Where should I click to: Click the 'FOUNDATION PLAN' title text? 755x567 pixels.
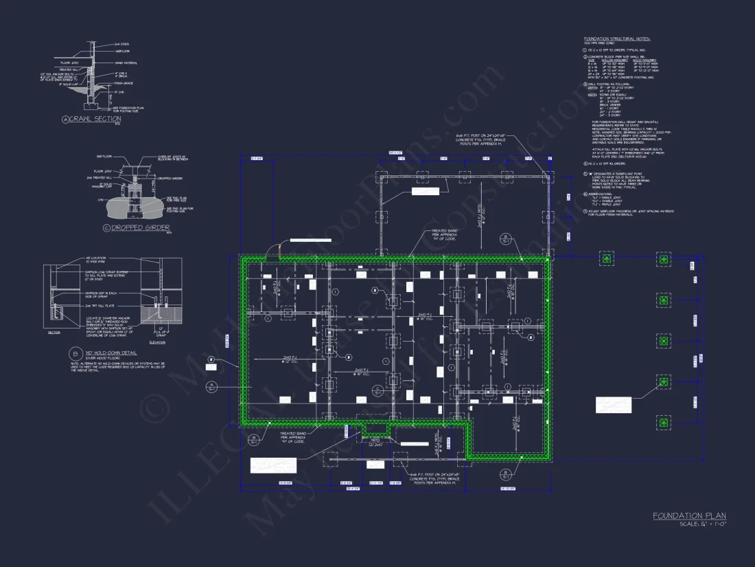pos(689,515)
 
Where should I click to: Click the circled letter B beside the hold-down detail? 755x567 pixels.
pos(74,354)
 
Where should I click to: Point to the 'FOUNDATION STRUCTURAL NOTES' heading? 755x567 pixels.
pos(616,39)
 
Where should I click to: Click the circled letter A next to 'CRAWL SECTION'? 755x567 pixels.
pos(67,120)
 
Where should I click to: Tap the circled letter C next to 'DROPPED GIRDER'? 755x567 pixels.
pos(106,227)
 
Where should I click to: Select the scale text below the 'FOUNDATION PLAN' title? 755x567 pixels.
pos(702,524)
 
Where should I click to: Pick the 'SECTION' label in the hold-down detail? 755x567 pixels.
pos(54,331)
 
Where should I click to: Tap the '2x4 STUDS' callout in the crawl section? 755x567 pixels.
pos(121,45)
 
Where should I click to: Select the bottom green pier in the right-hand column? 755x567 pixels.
pos(663,422)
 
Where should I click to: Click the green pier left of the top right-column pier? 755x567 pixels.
pos(607,259)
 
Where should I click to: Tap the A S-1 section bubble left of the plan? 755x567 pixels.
pos(212,386)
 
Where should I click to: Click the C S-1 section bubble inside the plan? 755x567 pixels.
pos(377,390)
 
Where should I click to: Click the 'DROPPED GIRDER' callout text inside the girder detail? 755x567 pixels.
pos(170,179)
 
